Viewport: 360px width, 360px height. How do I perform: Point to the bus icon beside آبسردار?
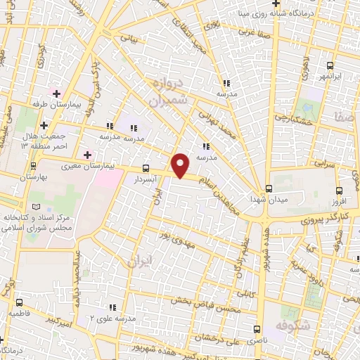coord(146,169)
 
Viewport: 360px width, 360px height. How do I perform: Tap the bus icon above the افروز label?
coord(339,190)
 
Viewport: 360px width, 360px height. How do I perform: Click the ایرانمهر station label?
coord(330,76)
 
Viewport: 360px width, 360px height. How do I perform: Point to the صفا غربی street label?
coord(252,32)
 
